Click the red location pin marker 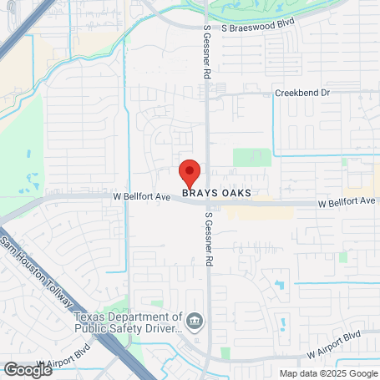[x=190, y=173]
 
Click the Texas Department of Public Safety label [x=127, y=322]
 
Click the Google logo [x=28, y=369]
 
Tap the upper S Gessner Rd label [x=207, y=51]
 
